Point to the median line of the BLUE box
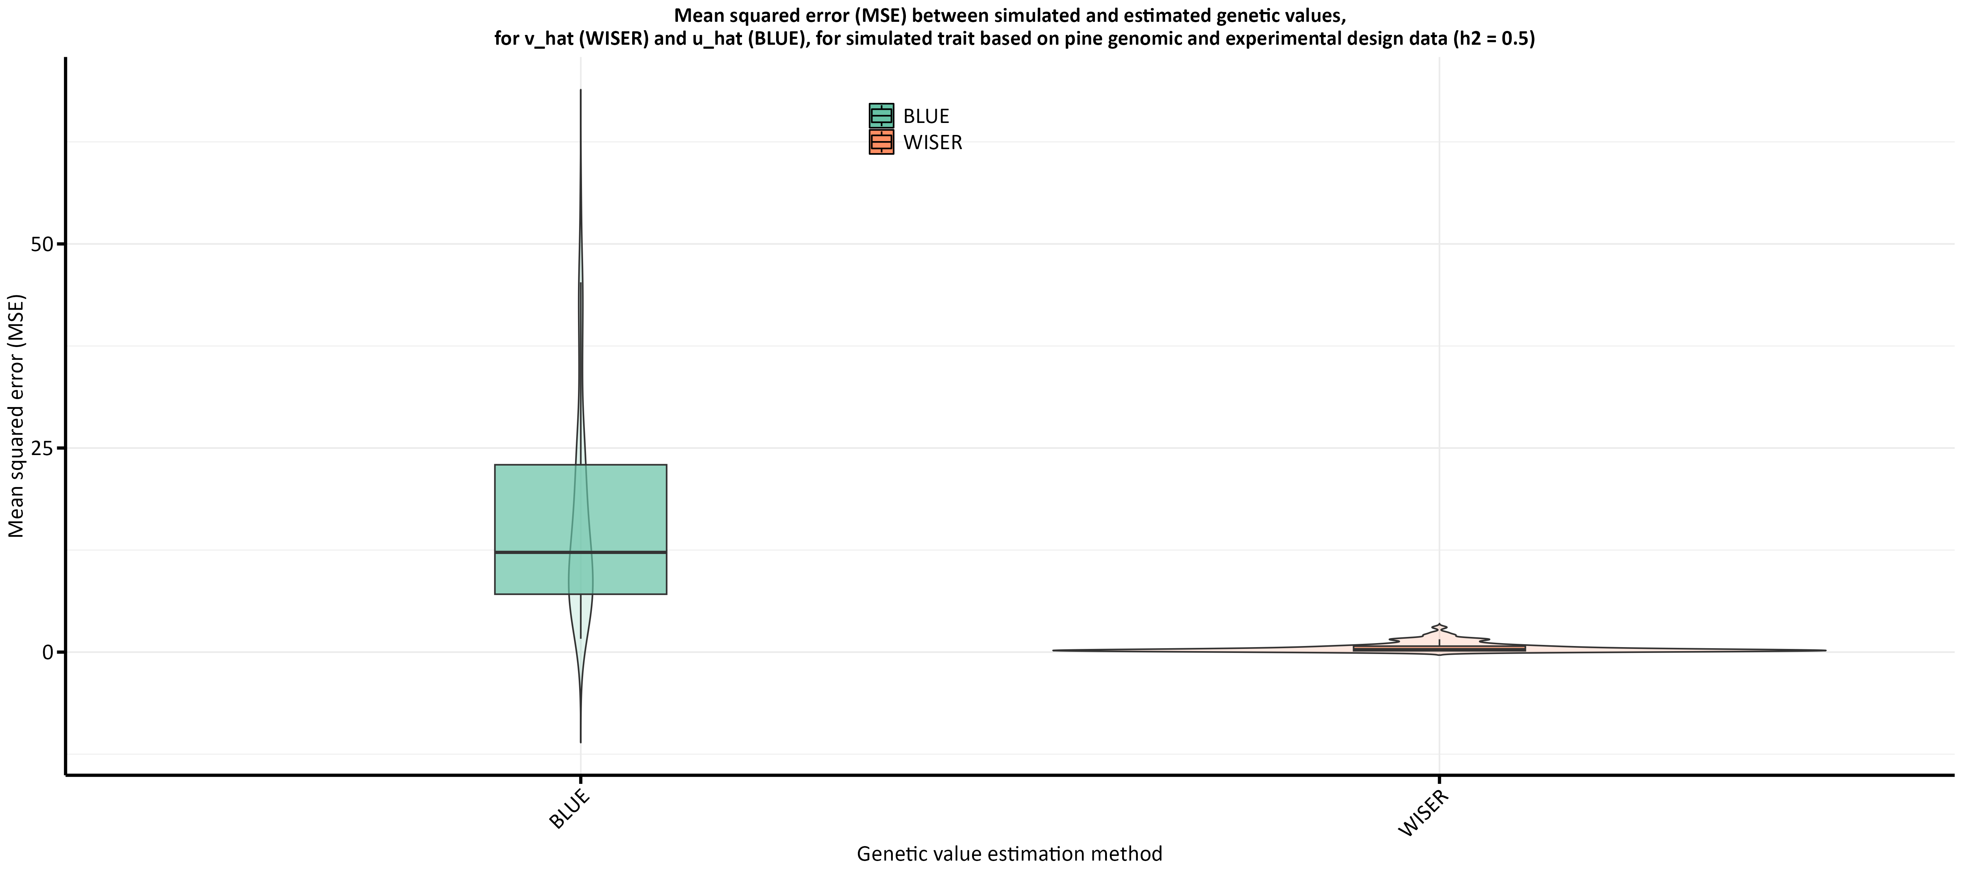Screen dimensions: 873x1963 [x=533, y=552]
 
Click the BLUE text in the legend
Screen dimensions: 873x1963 [x=926, y=117]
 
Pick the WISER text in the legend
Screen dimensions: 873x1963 [x=933, y=143]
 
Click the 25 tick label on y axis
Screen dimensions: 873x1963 [x=42, y=448]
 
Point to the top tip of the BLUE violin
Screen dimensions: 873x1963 [x=581, y=90]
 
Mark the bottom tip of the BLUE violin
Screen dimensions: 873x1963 [x=581, y=742]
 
